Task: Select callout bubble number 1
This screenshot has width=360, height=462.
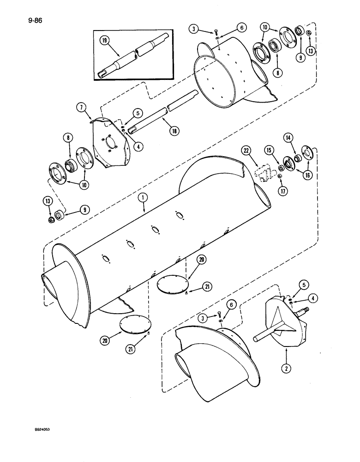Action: click(144, 198)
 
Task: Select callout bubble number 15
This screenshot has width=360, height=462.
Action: click(269, 150)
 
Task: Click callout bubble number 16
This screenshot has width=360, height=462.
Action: click(304, 174)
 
